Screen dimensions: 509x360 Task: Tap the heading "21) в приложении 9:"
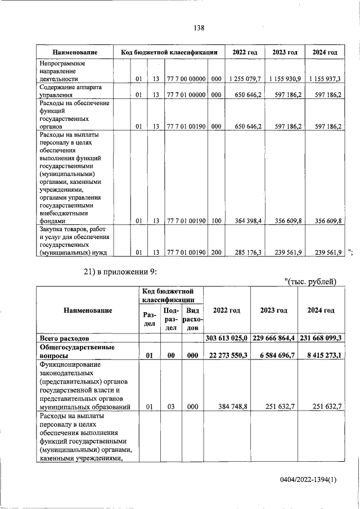120,272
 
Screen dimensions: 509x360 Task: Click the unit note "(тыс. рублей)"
309,281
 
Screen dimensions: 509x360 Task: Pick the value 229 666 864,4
274,338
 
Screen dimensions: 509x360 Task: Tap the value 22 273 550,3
228,356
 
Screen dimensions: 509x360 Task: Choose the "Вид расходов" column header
192,318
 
